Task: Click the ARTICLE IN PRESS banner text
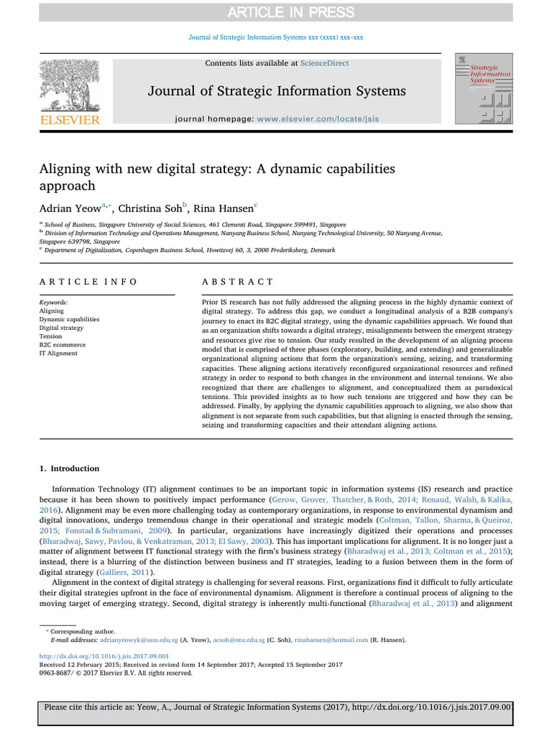tap(276, 11)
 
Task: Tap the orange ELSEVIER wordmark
tap(69, 120)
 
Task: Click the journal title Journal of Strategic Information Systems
tap(277, 91)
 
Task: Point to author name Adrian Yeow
tap(72, 208)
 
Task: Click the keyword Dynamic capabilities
tap(70, 319)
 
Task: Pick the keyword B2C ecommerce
tap(63, 345)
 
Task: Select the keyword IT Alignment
tap(60, 354)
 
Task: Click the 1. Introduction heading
tap(69, 469)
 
